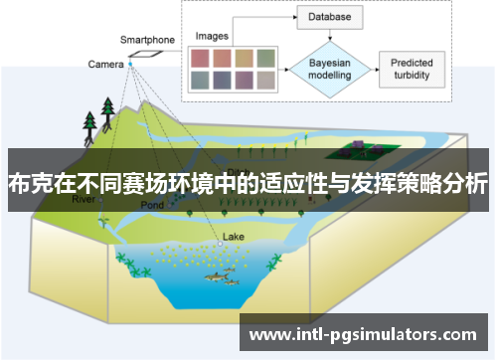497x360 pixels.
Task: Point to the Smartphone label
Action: pyautogui.click(x=147, y=40)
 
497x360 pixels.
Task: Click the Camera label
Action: pyautogui.click(x=105, y=65)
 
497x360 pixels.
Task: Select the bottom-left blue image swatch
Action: pyautogui.click(x=199, y=81)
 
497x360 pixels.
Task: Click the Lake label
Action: pyautogui.click(x=233, y=237)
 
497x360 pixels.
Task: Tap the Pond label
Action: pyautogui.click(x=151, y=205)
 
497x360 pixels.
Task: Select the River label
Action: pyautogui.click(x=83, y=199)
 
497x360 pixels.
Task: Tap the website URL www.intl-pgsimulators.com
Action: pyautogui.click(x=362, y=334)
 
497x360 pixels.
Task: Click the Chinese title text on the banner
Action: pyautogui.click(x=248, y=183)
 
